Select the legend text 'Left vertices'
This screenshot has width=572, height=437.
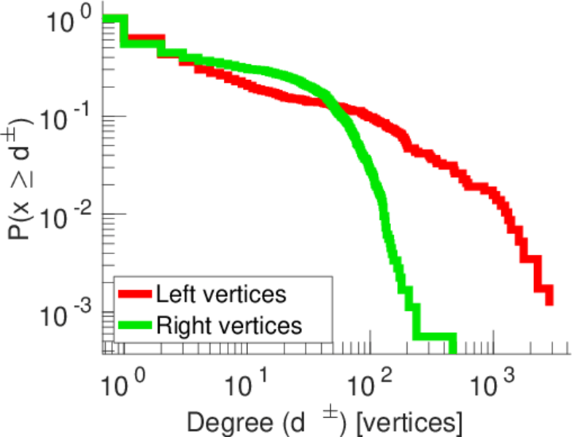[x=220, y=295]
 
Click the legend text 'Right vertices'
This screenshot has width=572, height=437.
[x=228, y=326]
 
